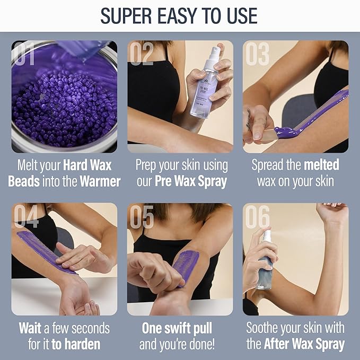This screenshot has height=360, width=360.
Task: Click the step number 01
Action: tap(26, 55)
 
